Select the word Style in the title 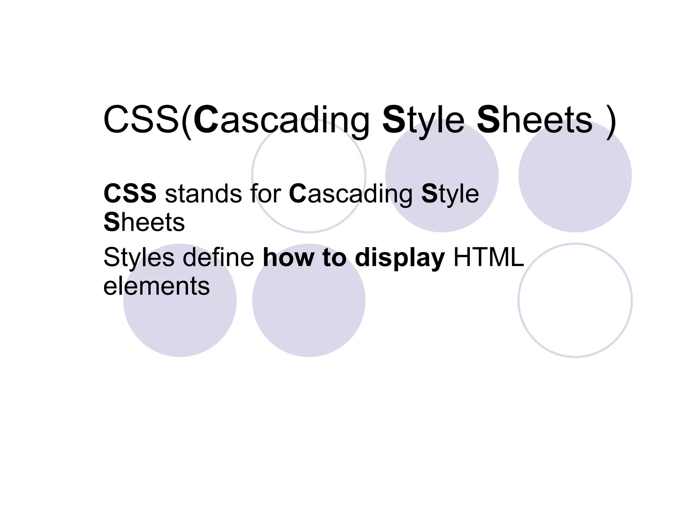click(423, 120)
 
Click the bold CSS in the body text click(130, 193)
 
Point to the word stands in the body click(204, 193)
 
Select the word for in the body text click(266, 193)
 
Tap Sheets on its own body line click(144, 222)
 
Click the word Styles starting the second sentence click(139, 258)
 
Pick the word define click(218, 257)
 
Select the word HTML click(488, 257)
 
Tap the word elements click(156, 286)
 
